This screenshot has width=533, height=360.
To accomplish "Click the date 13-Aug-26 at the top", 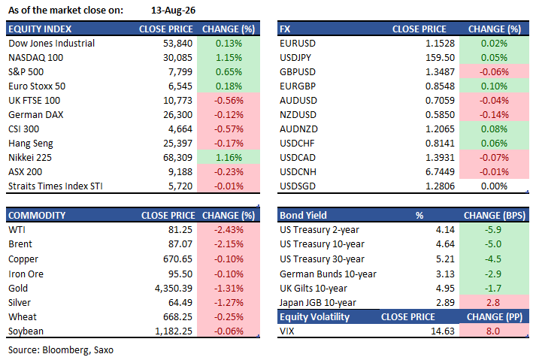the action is click(x=173, y=11).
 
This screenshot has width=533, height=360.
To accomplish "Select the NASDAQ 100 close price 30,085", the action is click(x=177, y=57).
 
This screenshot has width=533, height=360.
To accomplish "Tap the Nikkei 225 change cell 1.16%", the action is click(x=229, y=157).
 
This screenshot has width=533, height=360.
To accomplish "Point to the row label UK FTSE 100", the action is click(x=34, y=100).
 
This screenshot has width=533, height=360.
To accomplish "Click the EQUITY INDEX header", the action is click(x=40, y=29).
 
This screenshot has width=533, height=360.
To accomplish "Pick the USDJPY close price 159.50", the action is click(x=440, y=57).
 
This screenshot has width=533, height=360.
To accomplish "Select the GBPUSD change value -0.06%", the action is click(x=494, y=71).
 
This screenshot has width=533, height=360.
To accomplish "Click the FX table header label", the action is click(x=285, y=29).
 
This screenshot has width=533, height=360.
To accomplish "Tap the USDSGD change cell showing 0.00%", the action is click(x=494, y=186).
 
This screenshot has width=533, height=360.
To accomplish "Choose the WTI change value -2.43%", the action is click(x=229, y=229).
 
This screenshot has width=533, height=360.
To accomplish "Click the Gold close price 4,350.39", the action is click(x=174, y=289).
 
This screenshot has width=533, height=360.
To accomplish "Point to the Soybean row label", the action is click(x=26, y=331).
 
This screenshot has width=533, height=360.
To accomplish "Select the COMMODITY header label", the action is click(x=37, y=215).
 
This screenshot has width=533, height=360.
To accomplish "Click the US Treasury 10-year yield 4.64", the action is click(x=445, y=244).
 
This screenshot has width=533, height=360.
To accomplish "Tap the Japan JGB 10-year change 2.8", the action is click(x=493, y=303).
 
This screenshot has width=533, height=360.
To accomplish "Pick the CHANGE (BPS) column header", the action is click(x=495, y=215).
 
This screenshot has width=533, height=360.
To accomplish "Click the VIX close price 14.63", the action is click(x=443, y=331).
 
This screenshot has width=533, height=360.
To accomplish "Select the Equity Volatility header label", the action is click(x=314, y=317).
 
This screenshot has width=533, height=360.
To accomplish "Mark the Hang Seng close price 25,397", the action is click(x=177, y=143).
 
